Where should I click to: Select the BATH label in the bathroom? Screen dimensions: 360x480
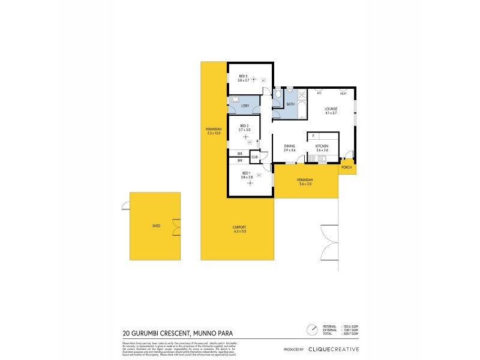(290, 104)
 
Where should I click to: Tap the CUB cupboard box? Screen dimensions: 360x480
(254, 157)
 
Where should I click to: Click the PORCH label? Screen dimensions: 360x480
(346, 168)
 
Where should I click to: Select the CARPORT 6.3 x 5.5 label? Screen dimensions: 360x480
(238, 229)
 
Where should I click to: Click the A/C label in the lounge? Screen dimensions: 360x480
(319, 94)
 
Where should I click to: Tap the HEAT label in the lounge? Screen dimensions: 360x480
(343, 94)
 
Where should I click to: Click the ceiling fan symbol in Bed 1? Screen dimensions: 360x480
(250, 182)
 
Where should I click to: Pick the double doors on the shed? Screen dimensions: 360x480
(176, 227)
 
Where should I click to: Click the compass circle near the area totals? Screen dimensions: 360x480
(312, 329)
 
